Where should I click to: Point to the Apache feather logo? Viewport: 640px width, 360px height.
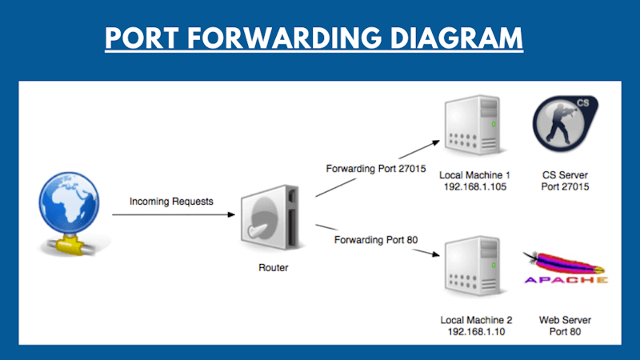click(x=565, y=268)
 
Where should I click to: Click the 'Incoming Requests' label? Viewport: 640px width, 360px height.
click(x=172, y=202)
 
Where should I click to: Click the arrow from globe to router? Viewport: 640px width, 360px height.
click(x=172, y=214)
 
